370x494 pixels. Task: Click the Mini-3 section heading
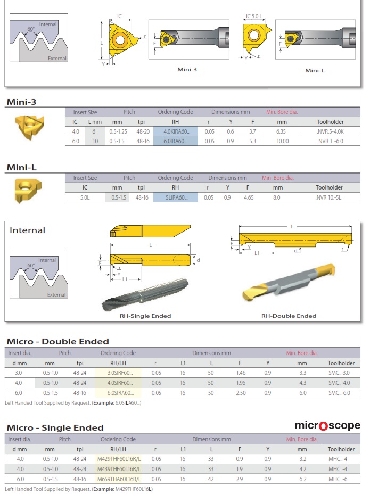pos(21,102)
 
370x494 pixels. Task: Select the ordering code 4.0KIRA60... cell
pos(176,131)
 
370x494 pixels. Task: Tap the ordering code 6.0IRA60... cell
pos(176,141)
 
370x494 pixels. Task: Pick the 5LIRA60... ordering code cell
pos(176,197)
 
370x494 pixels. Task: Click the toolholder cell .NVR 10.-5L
pos(328,197)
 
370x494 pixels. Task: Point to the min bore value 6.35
pos(281,131)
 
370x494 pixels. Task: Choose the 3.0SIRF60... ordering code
pos(120,373)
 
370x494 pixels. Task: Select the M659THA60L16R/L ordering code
pos(119,479)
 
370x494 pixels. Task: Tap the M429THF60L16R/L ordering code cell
pos(119,459)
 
